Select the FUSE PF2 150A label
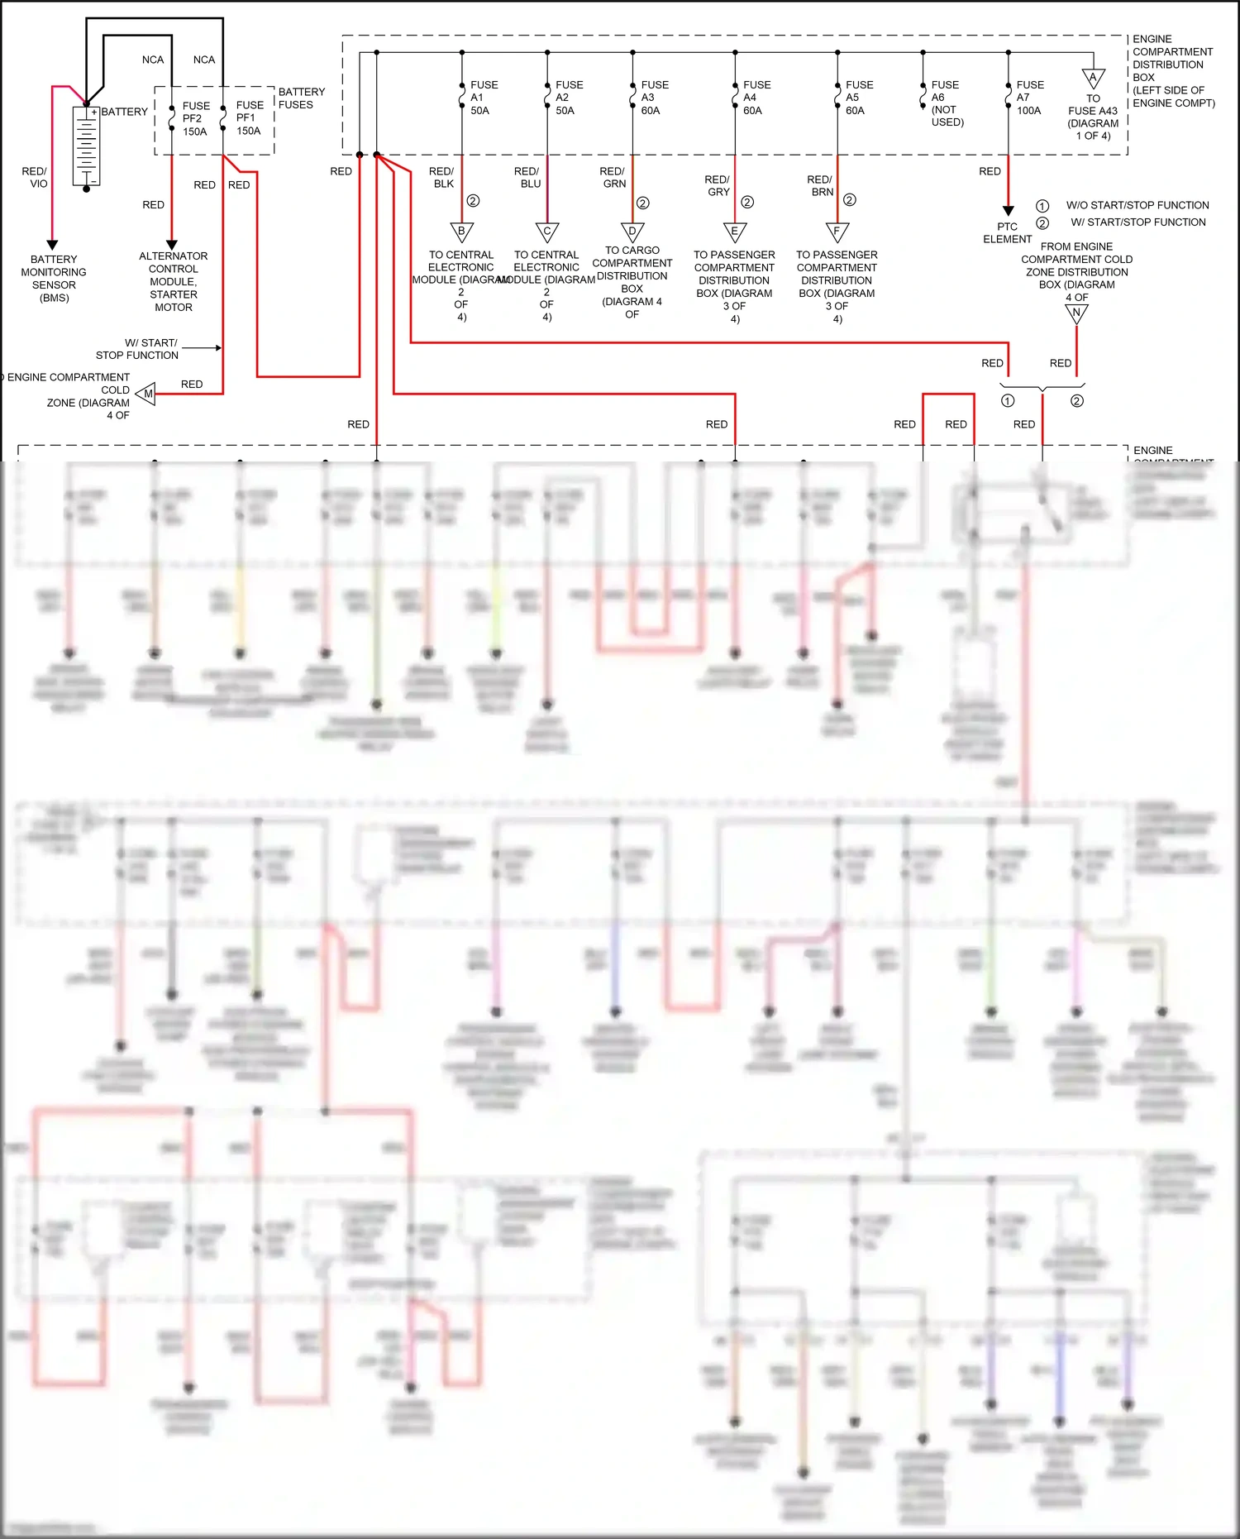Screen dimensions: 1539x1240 pyautogui.click(x=195, y=118)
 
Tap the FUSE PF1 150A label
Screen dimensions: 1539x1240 pyautogui.click(x=250, y=117)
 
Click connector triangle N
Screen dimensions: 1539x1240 pyautogui.click(x=1076, y=313)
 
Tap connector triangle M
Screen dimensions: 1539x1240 pyautogui.click(x=147, y=394)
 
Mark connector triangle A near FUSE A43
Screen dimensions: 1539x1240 pyautogui.click(x=1093, y=79)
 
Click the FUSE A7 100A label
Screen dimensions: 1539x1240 pyautogui.click(x=1030, y=98)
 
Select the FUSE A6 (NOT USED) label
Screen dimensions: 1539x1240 pyautogui.click(x=947, y=103)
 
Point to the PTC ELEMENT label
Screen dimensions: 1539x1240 pyautogui.click(x=1007, y=232)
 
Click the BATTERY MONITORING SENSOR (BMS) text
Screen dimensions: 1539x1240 pyautogui.click(x=54, y=278)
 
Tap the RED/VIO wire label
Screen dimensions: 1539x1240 pyautogui.click(x=35, y=177)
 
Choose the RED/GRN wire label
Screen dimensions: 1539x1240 pyautogui.click(x=613, y=177)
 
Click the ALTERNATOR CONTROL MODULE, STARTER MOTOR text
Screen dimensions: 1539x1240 pyautogui.click(x=174, y=281)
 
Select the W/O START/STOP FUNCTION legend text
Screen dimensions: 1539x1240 pyautogui.click(x=1137, y=205)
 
